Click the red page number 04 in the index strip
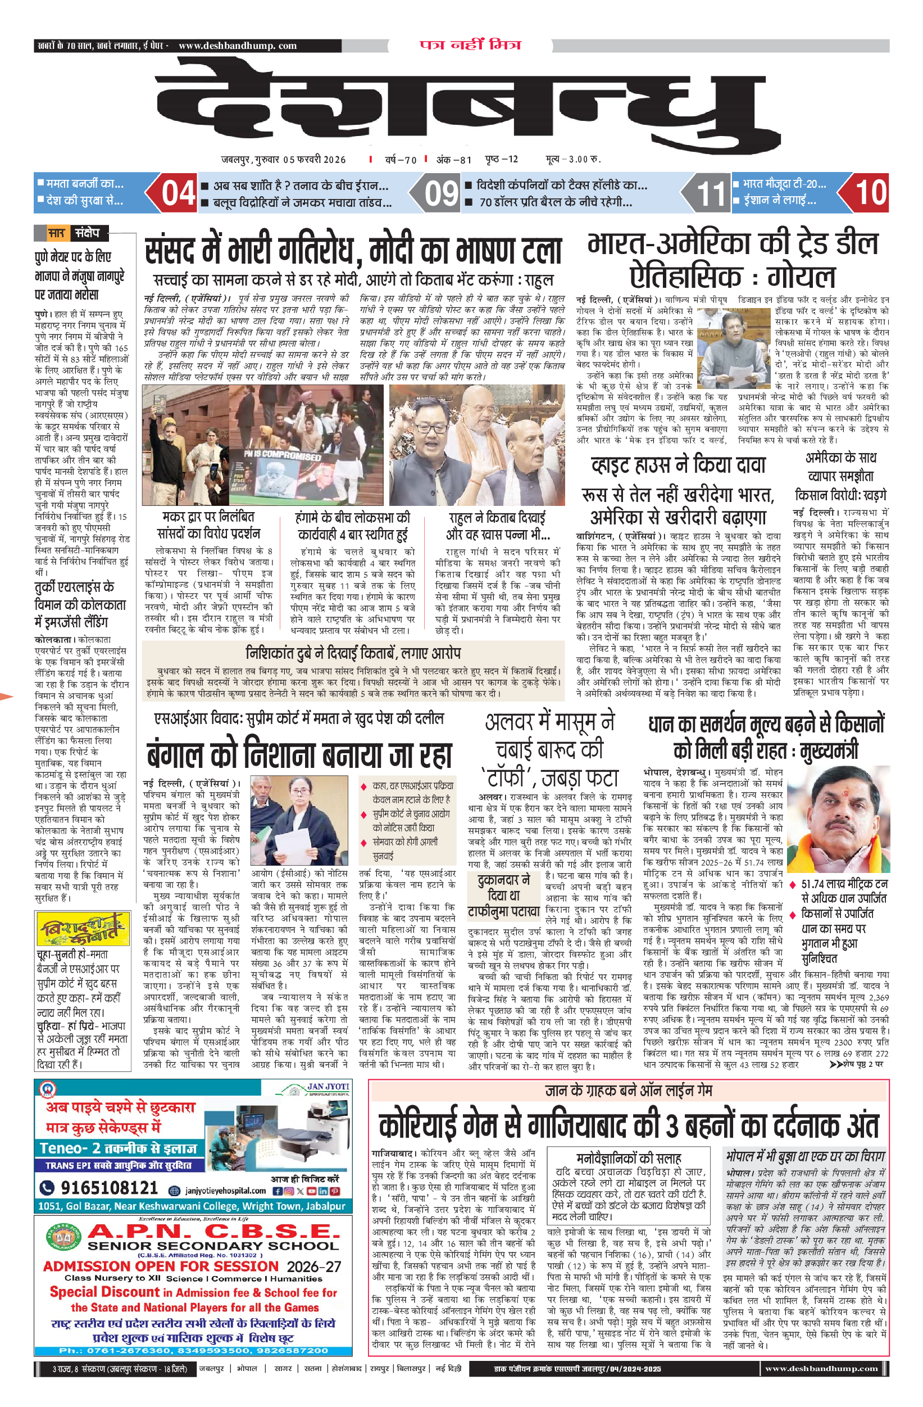[178, 193]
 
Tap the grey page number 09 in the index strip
[442, 193]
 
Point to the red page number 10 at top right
[871, 193]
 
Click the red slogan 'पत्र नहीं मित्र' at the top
[470, 45]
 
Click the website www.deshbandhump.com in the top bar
[237, 46]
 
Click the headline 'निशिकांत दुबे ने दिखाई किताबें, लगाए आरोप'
[353, 653]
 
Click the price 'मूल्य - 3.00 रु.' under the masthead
[572, 159]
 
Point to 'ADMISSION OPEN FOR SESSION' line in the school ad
[161, 1266]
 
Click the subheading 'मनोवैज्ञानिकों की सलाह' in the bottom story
[628, 1157]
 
